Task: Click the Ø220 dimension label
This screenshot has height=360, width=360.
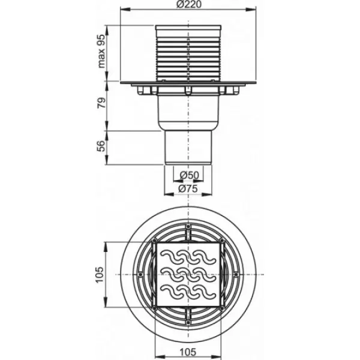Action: click(x=189, y=4)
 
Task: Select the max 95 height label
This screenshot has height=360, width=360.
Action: click(x=101, y=51)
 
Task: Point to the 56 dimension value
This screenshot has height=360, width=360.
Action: click(x=101, y=146)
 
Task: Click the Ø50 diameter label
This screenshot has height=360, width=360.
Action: click(x=190, y=175)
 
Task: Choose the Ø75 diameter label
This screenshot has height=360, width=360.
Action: click(x=188, y=189)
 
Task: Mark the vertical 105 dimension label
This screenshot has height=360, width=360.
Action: click(x=100, y=275)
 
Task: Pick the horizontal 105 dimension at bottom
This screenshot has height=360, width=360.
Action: click(x=188, y=352)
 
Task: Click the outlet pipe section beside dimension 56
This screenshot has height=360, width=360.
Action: click(x=188, y=148)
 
